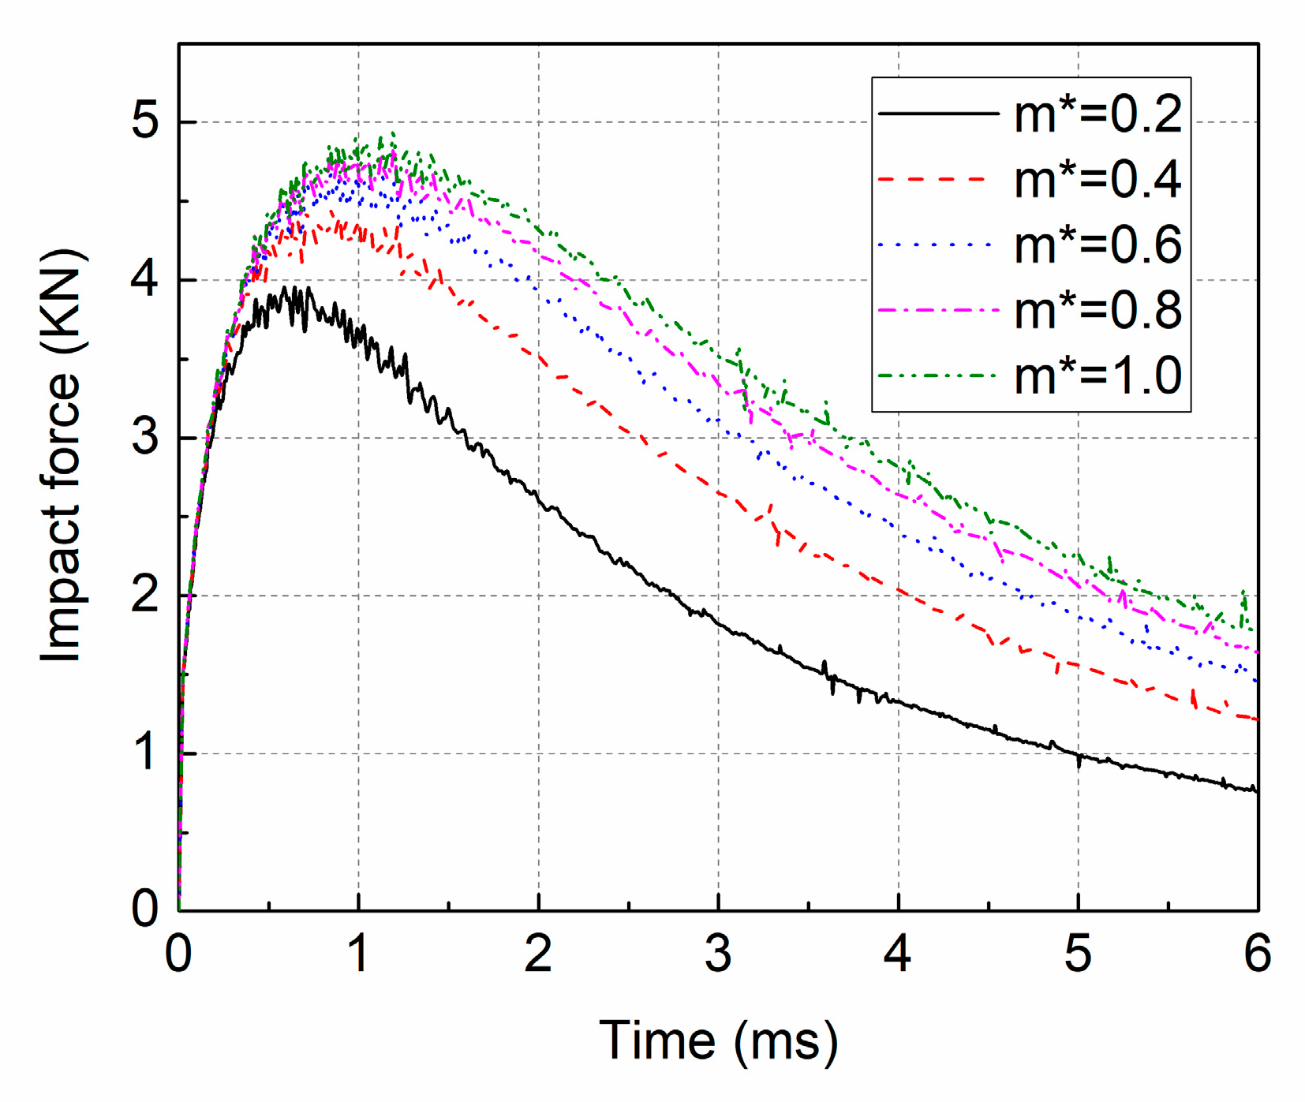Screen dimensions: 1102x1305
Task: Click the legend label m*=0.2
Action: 1097,114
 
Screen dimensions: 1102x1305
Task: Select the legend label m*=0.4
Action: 1097,180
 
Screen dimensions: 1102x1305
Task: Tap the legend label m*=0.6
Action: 1097,245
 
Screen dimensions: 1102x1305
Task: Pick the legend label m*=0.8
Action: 1097,310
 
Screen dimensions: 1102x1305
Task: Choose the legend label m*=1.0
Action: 1097,375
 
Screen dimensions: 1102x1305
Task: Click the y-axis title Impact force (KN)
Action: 61,456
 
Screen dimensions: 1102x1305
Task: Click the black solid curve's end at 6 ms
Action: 1256,790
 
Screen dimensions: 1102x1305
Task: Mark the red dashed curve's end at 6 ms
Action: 1256,719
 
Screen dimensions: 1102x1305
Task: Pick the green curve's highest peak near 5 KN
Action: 392,133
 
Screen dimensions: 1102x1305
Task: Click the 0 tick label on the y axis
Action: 145,909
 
